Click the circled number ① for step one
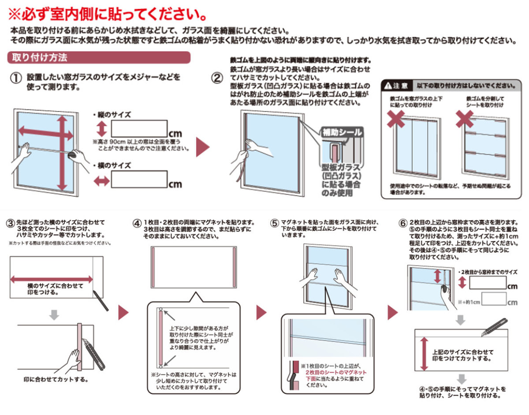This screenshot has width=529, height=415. (15, 79)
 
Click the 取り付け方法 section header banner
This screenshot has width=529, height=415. (99, 58)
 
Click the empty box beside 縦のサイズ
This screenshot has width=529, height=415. (139, 129)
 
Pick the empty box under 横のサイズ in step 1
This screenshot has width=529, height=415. (139, 179)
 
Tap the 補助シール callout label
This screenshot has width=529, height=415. (342, 132)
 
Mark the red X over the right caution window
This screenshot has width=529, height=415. (464, 119)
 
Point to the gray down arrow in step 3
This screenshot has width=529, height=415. (53, 314)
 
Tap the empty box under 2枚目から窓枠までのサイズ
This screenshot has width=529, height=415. (487, 282)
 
